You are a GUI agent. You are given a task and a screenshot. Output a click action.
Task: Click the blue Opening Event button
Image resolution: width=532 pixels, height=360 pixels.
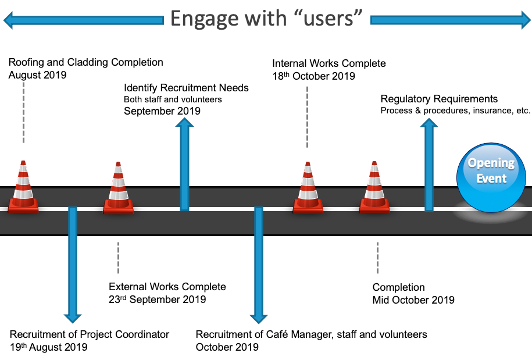point(491,177)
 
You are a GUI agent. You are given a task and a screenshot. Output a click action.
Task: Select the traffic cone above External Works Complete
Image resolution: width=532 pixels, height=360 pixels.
point(118,188)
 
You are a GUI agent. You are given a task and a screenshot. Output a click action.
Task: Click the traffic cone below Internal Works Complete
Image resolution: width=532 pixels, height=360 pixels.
point(308,188)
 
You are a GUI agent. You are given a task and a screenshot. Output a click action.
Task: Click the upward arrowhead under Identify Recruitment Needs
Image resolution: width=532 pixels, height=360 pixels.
point(184,122)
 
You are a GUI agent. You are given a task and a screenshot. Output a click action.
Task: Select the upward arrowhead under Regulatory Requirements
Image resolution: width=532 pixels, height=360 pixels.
point(429,123)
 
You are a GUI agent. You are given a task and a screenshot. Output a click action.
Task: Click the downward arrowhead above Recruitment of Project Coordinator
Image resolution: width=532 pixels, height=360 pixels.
point(73,318)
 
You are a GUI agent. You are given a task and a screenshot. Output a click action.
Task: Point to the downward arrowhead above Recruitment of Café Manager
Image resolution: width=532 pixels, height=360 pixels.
point(259,319)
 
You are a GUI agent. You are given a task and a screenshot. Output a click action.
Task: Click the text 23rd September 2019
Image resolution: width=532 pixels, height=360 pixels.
point(157,300)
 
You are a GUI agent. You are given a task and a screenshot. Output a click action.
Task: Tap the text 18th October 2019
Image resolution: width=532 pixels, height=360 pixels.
point(313,76)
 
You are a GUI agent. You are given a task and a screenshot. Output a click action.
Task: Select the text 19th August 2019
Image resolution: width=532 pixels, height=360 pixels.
point(48,347)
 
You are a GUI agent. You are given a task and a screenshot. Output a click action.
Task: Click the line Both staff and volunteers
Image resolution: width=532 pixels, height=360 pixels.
point(173,99)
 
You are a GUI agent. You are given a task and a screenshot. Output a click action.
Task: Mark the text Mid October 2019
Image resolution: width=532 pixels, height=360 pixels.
point(413,300)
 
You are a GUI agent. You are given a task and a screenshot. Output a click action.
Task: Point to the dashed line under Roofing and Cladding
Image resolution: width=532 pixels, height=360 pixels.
point(23,113)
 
